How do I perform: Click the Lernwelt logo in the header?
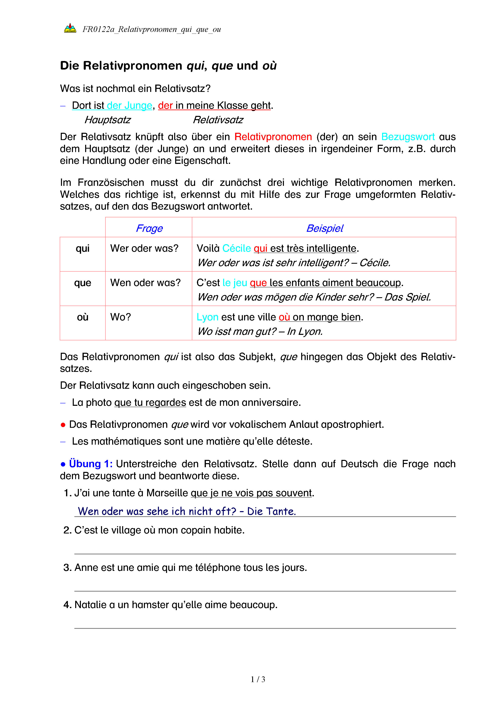70,28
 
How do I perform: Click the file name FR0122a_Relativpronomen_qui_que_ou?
151,29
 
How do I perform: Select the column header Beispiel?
324,228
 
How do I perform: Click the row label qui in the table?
83,248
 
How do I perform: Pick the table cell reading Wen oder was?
145,283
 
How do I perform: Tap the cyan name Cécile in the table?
237,248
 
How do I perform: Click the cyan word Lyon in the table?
207,317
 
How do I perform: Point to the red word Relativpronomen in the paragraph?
273,137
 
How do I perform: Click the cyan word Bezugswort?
408,137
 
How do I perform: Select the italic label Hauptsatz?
108,120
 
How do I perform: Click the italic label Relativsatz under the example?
218,120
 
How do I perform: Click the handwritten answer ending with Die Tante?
187,511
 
